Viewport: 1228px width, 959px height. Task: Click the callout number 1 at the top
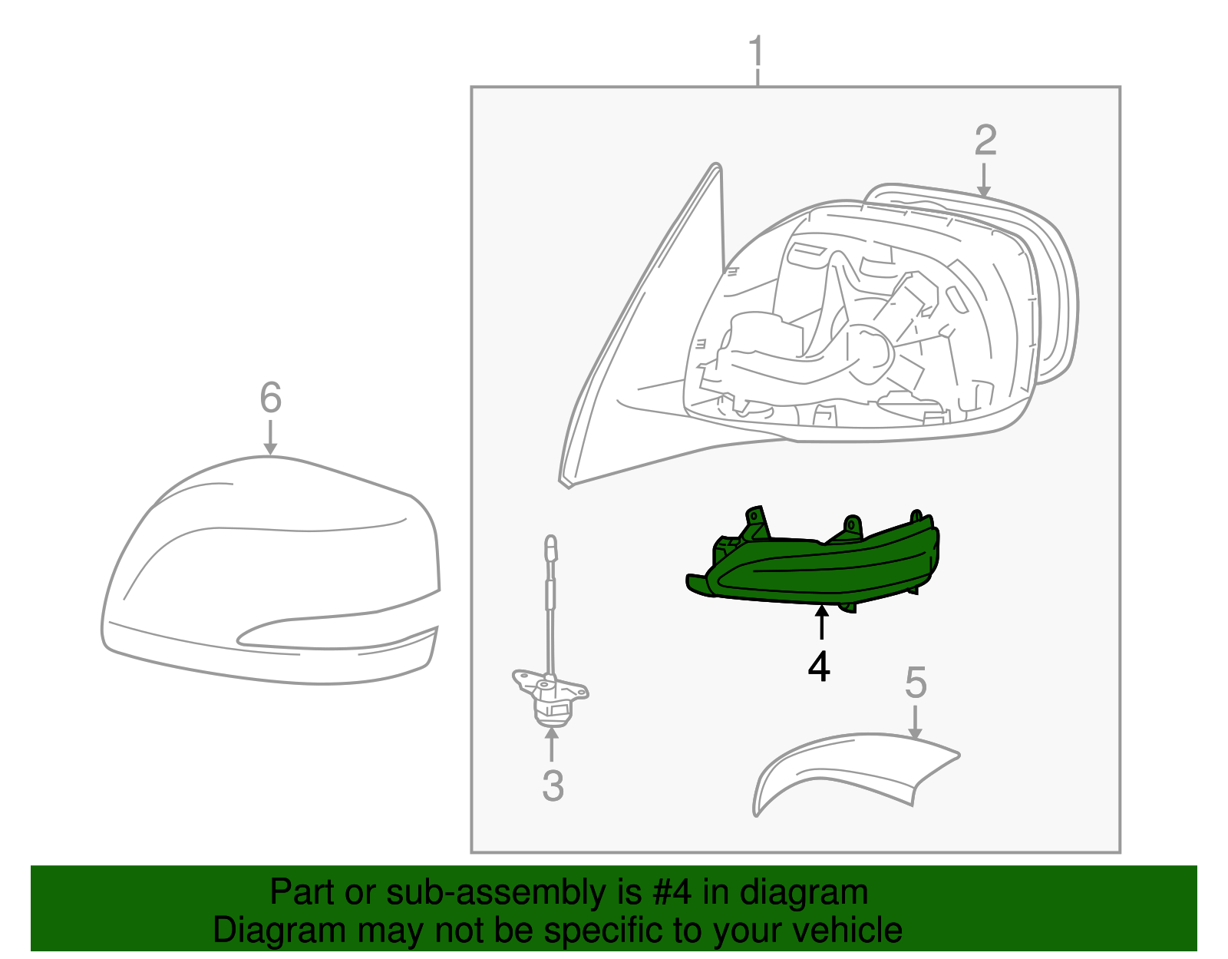click(757, 51)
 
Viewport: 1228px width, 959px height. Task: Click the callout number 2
click(985, 141)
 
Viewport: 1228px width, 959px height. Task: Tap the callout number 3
click(553, 785)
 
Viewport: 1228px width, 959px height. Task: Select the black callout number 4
click(819, 666)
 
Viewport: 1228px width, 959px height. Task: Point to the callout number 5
click(916, 683)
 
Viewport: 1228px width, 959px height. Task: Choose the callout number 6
click(270, 398)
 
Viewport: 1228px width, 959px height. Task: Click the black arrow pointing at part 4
click(821, 622)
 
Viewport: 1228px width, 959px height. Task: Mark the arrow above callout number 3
click(552, 744)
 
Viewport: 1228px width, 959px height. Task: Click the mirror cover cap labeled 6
click(269, 561)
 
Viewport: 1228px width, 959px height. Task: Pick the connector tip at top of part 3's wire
click(550, 547)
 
